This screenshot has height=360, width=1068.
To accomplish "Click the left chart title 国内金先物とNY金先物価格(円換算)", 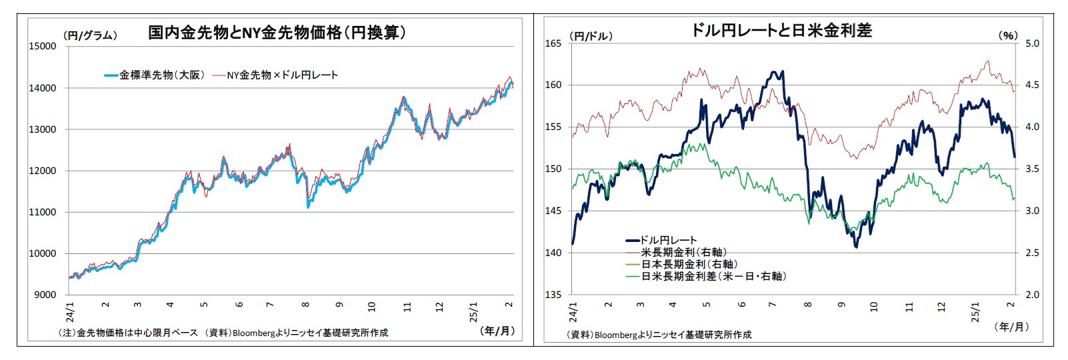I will point(277,33).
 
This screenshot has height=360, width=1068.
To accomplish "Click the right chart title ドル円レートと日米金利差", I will point(781,30).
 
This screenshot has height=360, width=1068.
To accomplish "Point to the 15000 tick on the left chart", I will point(42,46).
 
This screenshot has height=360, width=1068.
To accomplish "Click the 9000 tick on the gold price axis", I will point(45,295).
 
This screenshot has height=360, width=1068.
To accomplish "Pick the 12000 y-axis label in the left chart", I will point(42,171).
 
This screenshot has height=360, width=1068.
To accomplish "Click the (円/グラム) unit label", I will point(90,36).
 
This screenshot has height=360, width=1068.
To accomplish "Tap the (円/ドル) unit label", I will point(591,36).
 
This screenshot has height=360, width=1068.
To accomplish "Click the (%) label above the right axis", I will point(1007,36).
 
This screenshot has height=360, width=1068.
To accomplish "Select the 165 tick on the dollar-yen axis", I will point(554,43).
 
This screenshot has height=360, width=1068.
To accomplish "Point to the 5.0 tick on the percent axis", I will point(1032,43).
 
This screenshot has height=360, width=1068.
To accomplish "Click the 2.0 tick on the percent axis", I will point(1032,295).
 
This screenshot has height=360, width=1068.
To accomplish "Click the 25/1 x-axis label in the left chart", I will point(474,311).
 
